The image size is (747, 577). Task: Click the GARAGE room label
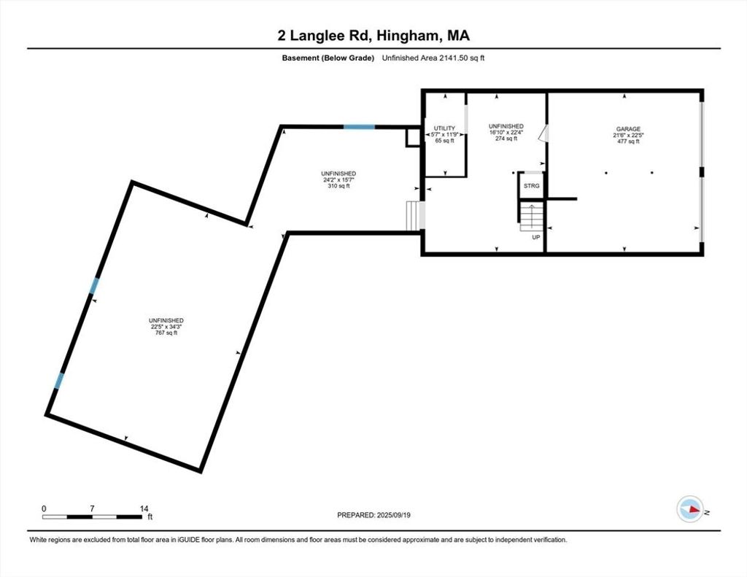pyautogui.click(x=628, y=128)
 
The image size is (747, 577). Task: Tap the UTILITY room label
pyautogui.click(x=444, y=128)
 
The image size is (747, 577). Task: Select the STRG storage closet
pyautogui.click(x=532, y=185)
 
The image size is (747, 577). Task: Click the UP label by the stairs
pyautogui.click(x=536, y=237)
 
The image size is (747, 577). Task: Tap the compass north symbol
pyautogui.click(x=690, y=509)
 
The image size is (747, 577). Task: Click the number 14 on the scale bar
pyautogui.click(x=144, y=509)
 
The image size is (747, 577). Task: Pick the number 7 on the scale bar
pyautogui.click(x=92, y=509)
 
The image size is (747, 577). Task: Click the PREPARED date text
pyautogui.click(x=373, y=515)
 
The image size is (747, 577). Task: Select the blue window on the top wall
pyautogui.click(x=359, y=127)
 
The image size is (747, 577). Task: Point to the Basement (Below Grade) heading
pyautogui.click(x=328, y=58)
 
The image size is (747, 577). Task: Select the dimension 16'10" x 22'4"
pyautogui.click(x=506, y=133)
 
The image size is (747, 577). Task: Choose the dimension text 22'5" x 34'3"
pyautogui.click(x=166, y=327)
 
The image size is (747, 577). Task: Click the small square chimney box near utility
pyautogui.click(x=413, y=137)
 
